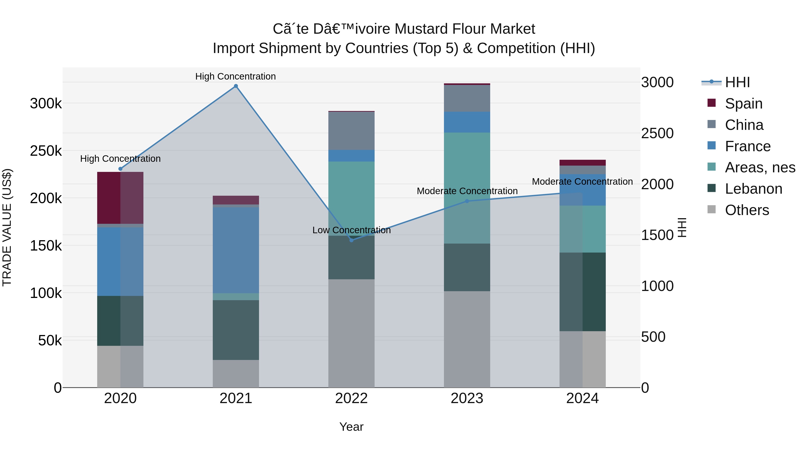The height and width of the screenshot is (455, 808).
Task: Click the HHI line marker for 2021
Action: click(x=236, y=86)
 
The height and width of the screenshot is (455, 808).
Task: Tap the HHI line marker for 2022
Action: click(x=351, y=240)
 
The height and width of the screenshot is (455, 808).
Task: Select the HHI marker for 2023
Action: click(x=467, y=201)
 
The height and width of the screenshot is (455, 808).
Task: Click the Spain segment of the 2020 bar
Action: click(x=120, y=198)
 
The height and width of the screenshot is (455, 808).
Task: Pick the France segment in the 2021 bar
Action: click(x=236, y=250)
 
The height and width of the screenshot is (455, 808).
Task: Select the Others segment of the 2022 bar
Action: click(x=351, y=333)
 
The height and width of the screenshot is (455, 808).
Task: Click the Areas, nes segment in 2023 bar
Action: click(x=467, y=188)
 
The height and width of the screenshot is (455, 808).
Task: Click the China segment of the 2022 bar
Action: click(x=351, y=131)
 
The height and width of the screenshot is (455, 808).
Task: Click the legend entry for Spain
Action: click(x=743, y=103)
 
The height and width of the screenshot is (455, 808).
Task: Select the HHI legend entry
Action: click(x=737, y=82)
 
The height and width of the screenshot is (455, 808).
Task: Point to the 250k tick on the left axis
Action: click(x=46, y=151)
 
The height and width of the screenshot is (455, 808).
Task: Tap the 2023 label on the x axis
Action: click(x=467, y=398)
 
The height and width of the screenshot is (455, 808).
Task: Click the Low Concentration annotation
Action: click(x=351, y=230)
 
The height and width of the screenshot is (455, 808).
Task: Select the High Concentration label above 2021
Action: click(x=236, y=76)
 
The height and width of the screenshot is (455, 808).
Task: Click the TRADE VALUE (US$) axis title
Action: click(x=7, y=227)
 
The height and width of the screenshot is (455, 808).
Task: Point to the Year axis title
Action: click(x=351, y=426)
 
